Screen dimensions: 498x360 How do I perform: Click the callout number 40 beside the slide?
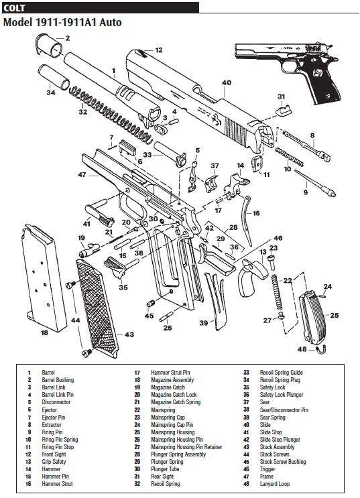pyautogui.click(x=227, y=82)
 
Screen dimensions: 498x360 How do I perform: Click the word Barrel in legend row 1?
pyautogui.click(x=48, y=372)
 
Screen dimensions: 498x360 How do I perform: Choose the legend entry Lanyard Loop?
pyautogui.click(x=276, y=483)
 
